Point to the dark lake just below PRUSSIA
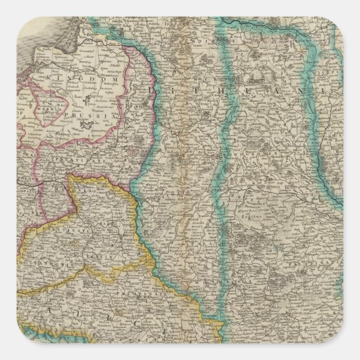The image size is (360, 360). (x=86, y=126)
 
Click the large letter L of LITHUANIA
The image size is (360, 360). (x=154, y=88)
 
